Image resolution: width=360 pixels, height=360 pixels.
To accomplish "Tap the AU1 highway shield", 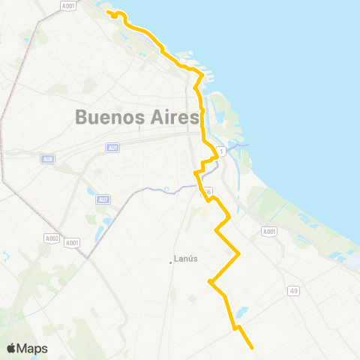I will [113, 148].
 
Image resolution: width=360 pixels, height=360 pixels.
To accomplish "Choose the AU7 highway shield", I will [103, 199].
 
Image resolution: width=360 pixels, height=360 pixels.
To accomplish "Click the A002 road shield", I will [51, 238].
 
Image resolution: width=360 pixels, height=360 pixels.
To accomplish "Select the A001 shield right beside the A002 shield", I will [72, 242].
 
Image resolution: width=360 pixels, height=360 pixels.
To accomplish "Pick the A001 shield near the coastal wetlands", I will [269, 233].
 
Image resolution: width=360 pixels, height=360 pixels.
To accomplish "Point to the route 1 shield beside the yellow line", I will [220, 152].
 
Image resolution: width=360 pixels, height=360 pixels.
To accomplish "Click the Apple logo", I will [11, 349].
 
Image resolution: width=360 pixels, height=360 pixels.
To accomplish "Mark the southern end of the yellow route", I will [252, 347].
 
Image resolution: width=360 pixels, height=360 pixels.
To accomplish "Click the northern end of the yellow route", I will [109, 13].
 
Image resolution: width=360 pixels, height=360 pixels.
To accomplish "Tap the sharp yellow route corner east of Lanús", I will [238, 254].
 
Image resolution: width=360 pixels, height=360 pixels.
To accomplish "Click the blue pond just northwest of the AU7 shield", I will [91, 190].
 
